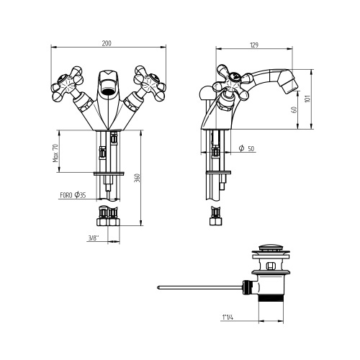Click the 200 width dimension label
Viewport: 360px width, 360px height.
[x=107, y=43]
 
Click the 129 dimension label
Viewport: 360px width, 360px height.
[x=254, y=45]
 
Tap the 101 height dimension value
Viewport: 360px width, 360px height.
[x=307, y=99]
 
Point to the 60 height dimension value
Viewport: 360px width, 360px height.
[x=294, y=109]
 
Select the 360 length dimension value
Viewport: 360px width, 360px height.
[x=137, y=178]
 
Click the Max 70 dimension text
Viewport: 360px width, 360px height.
[x=55, y=153]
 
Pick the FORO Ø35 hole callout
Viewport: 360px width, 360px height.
[x=73, y=195]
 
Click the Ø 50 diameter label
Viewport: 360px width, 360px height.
[x=246, y=148]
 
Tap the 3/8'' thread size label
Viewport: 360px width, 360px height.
[x=94, y=238]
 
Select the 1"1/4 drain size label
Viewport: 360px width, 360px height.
[x=228, y=318]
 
